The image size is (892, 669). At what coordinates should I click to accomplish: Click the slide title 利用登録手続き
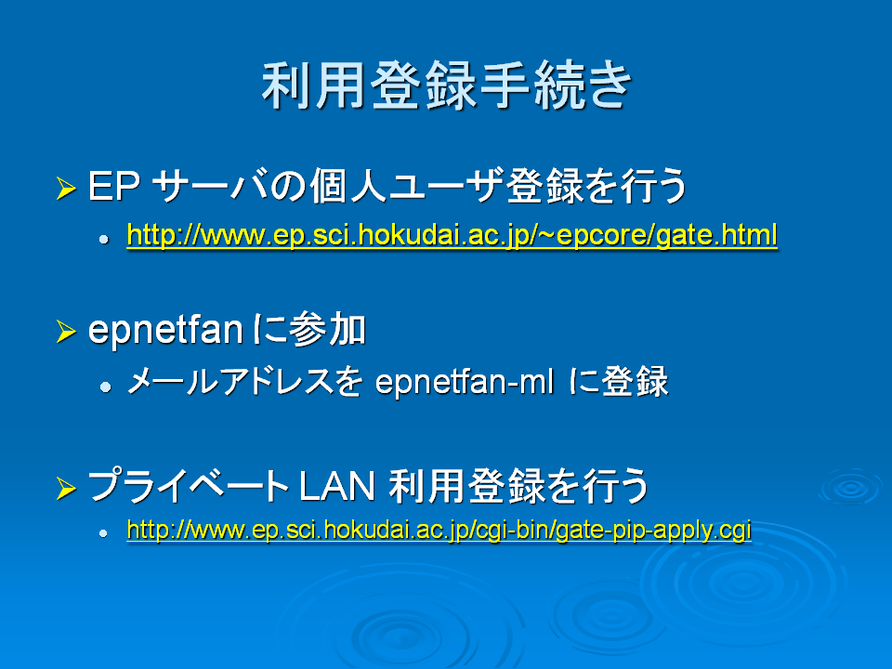pyautogui.click(x=447, y=85)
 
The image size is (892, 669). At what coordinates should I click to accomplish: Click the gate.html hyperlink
pyautogui.click(x=453, y=234)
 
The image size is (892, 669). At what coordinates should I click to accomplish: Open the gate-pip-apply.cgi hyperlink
pyautogui.click(x=439, y=530)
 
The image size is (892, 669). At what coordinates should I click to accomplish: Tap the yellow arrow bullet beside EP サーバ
pyautogui.click(x=66, y=188)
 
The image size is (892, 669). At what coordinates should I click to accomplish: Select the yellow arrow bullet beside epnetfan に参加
pyautogui.click(x=66, y=331)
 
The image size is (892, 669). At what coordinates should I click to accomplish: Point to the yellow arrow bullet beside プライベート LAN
pyautogui.click(x=66, y=488)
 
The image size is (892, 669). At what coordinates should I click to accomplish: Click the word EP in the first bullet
pyautogui.click(x=114, y=186)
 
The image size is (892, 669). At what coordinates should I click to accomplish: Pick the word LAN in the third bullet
pyautogui.click(x=336, y=486)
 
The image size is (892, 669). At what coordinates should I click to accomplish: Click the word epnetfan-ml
pyautogui.click(x=465, y=381)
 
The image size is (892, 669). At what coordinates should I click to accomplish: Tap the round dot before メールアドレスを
pyautogui.click(x=105, y=387)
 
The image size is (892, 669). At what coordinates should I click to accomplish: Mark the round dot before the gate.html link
pyautogui.click(x=103, y=240)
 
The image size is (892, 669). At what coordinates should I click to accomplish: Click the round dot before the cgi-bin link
pyautogui.click(x=103, y=533)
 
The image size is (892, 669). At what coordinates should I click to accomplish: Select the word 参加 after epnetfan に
pyautogui.click(x=328, y=330)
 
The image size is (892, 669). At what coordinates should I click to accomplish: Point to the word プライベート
pyautogui.click(x=189, y=486)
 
